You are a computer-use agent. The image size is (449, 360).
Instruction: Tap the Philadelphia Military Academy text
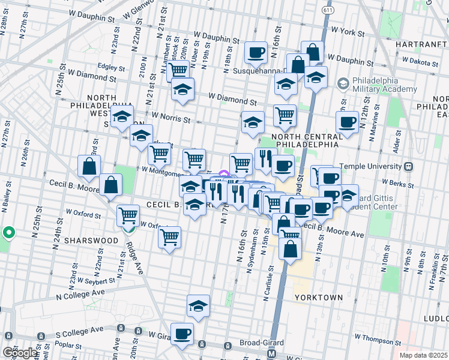[384, 85]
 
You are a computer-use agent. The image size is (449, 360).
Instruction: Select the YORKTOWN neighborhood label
[319, 297]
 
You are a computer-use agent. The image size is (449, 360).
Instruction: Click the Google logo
[20, 353]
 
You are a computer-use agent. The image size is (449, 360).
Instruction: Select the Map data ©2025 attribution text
[423, 355]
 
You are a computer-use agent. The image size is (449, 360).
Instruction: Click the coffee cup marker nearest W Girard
[182, 333]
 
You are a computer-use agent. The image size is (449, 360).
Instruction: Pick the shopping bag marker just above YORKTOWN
[290, 248]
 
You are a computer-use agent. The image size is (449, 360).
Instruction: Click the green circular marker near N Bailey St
[8, 232]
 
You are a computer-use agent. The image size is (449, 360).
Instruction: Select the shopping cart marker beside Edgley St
[178, 70]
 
